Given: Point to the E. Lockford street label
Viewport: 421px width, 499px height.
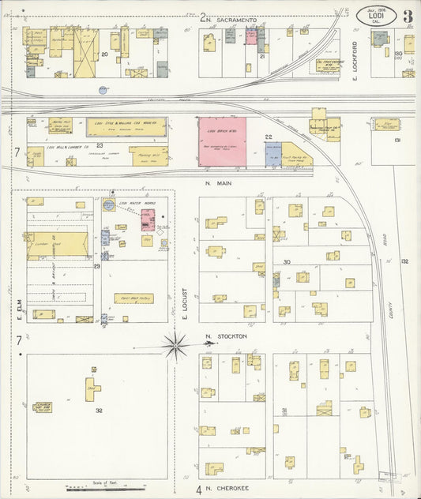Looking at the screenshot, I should (x=356, y=60).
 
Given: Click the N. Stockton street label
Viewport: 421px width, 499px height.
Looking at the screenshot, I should (x=226, y=336).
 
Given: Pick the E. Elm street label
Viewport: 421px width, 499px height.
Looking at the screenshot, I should (x=17, y=309).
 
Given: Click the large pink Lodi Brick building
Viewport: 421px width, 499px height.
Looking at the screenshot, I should (x=222, y=141).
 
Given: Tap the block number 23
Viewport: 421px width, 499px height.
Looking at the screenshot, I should (x=100, y=145).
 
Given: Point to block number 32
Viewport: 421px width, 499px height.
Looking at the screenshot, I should (x=99, y=411).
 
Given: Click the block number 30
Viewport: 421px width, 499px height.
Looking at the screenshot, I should (x=287, y=261).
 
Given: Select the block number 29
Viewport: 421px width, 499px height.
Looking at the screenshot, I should (x=96, y=267).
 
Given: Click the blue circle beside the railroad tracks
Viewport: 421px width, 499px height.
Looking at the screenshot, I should (x=103, y=90).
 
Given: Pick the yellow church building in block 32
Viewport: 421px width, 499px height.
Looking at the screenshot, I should (x=43, y=407).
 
